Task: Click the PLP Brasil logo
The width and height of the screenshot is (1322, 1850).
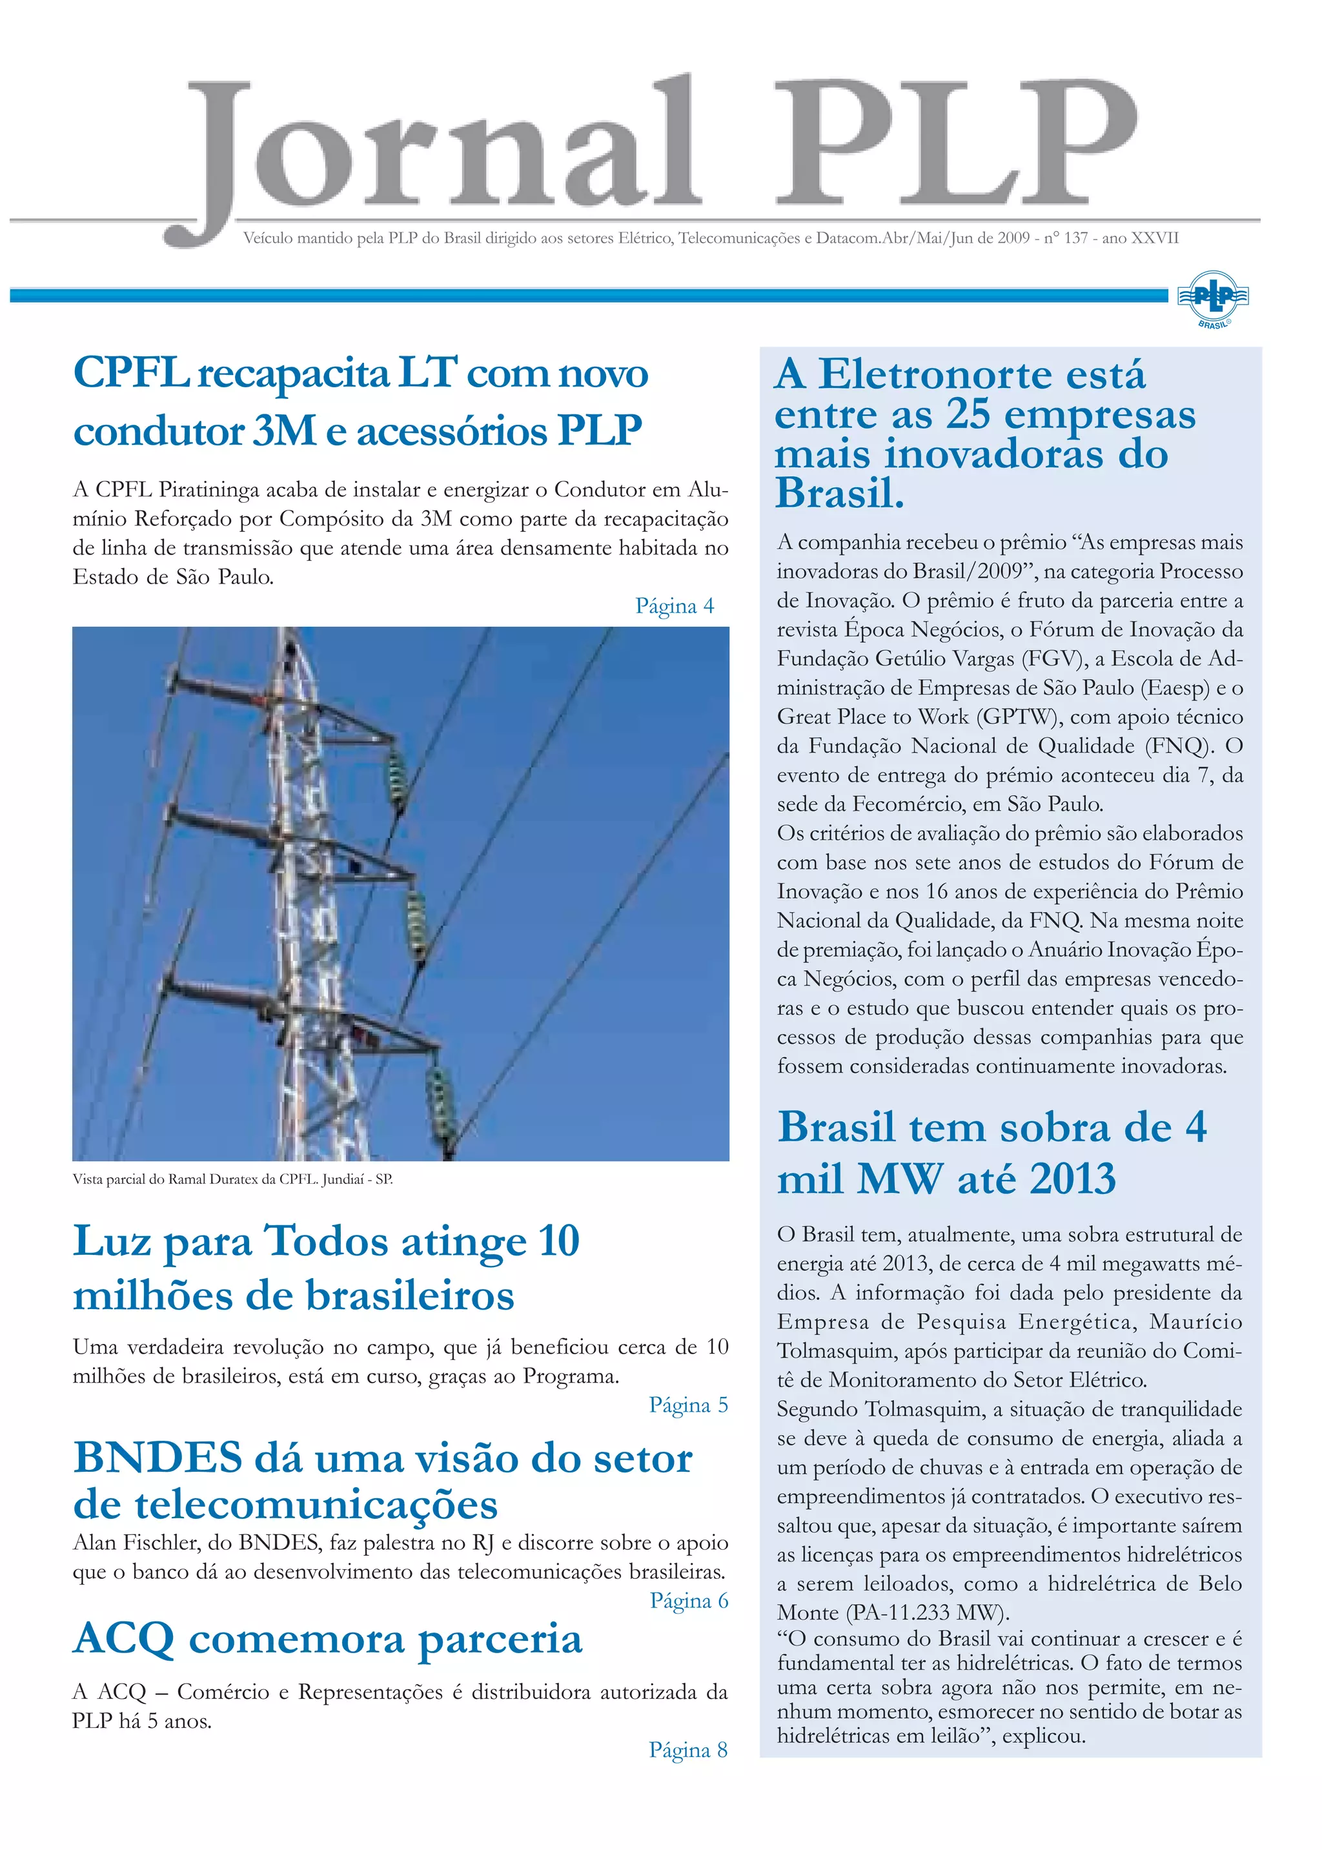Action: click(x=1213, y=299)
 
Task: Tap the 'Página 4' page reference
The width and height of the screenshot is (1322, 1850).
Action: click(x=674, y=606)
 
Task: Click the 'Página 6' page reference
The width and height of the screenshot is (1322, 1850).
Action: click(x=689, y=1600)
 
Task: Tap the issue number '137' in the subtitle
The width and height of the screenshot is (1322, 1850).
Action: click(x=1075, y=238)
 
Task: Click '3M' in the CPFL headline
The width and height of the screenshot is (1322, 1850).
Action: click(x=284, y=431)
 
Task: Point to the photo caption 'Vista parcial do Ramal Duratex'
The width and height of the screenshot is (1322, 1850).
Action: click(x=232, y=1179)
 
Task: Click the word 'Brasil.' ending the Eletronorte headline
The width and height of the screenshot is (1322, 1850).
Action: click(x=839, y=493)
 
